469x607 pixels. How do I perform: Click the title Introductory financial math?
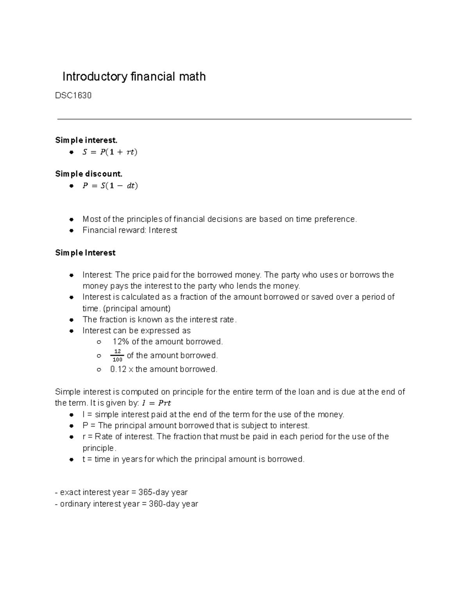[134, 77]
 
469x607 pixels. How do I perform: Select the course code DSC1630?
[73, 96]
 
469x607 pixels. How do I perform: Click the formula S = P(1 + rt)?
[110, 152]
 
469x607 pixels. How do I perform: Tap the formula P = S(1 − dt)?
[110, 186]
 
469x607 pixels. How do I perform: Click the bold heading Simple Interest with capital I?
[85, 253]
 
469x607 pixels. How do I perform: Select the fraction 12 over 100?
[117, 356]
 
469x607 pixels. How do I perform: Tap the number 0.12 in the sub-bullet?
[118, 369]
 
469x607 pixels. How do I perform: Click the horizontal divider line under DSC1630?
[234, 119]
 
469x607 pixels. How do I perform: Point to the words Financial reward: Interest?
[130, 230]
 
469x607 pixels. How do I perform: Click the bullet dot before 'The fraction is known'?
[72, 320]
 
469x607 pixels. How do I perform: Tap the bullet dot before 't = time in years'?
[72, 460]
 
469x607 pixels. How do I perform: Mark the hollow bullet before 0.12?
[99, 369]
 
